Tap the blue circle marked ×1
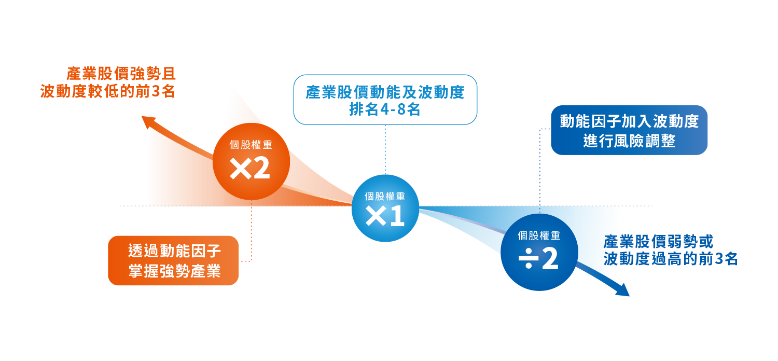[x=385, y=209]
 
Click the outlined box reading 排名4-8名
[x=385, y=100]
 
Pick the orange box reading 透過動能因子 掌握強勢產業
[x=173, y=260]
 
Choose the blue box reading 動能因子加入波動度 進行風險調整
[x=629, y=130]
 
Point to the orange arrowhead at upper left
[x=148, y=121]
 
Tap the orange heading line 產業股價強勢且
[x=121, y=74]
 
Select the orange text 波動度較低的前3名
[x=108, y=92]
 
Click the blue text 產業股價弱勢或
[x=658, y=242]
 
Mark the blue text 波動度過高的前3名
[x=670, y=259]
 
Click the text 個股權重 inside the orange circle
[x=251, y=145]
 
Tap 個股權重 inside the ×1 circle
[x=385, y=196]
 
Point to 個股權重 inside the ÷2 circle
[x=539, y=235]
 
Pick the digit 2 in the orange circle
[x=261, y=169]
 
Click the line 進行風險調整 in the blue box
[x=629, y=141]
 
